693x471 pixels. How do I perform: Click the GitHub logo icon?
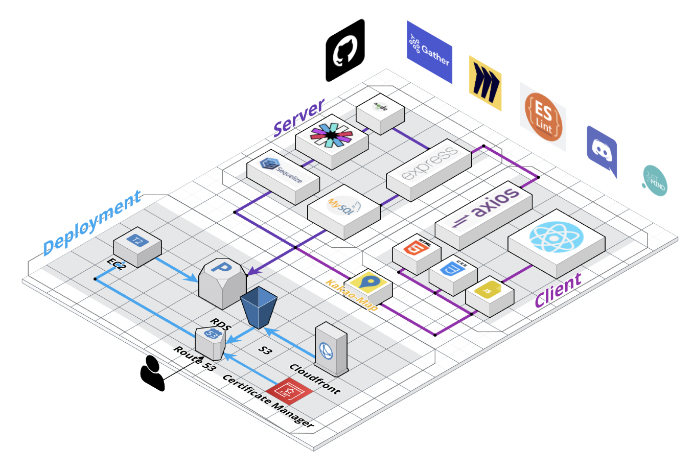point(345,51)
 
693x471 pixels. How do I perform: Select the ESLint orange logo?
point(543,117)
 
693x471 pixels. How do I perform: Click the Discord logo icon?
point(602,150)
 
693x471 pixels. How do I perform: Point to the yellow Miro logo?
point(485,83)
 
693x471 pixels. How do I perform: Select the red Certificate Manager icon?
point(288,392)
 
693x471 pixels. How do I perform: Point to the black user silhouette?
point(152,372)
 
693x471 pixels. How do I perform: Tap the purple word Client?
point(558,290)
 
